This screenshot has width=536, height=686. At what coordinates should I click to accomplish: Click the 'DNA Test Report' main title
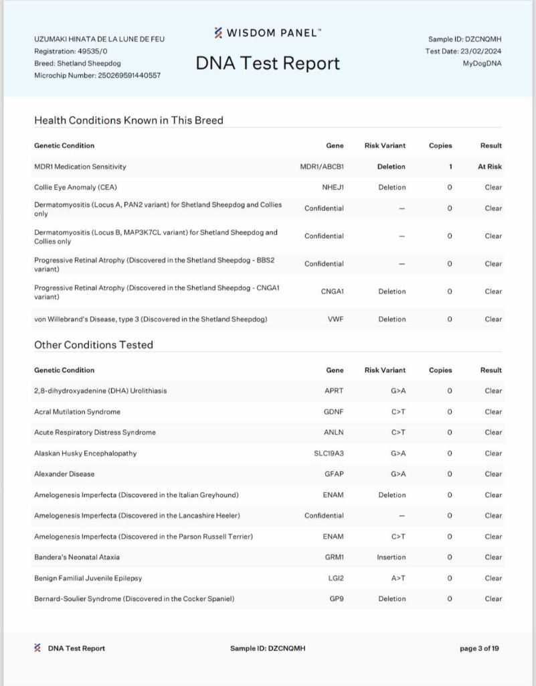[x=268, y=63]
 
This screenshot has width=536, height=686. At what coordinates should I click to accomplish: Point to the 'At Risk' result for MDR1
[x=490, y=167]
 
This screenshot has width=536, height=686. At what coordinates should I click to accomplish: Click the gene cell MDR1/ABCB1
[x=322, y=167]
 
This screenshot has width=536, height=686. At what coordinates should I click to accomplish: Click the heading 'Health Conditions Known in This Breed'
[x=128, y=121]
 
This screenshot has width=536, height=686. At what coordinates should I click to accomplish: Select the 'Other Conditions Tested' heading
[x=94, y=345]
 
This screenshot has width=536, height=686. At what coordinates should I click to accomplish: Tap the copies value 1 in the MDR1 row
[x=450, y=167]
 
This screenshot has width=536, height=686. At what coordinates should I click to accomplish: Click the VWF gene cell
[x=335, y=320]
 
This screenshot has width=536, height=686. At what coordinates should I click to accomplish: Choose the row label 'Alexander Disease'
[x=64, y=474]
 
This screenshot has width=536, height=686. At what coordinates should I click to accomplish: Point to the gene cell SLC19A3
[x=329, y=454]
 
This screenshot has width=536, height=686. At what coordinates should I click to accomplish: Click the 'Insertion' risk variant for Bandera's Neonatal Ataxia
[x=391, y=557]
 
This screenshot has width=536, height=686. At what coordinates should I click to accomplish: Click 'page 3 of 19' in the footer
[x=479, y=648]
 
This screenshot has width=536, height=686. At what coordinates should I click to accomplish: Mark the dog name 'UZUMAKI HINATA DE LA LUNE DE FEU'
[x=99, y=39]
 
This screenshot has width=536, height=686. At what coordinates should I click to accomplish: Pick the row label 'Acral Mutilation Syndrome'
[x=78, y=412]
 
